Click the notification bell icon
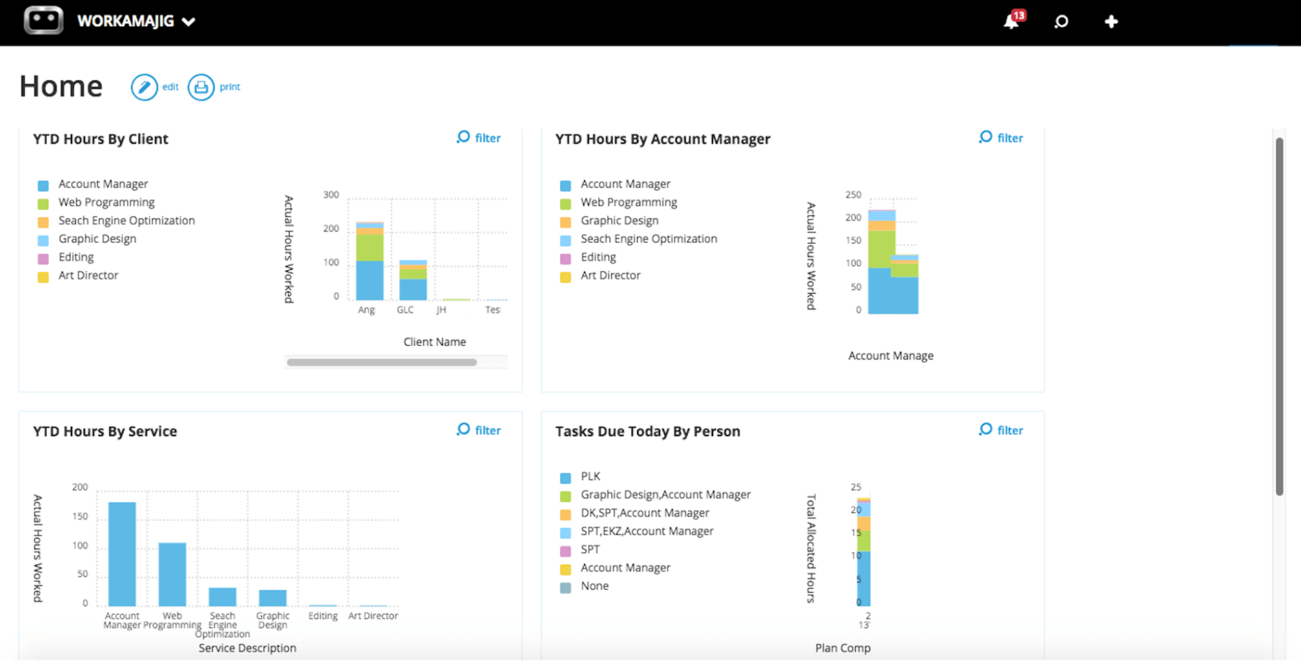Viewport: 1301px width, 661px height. [x=1011, y=22]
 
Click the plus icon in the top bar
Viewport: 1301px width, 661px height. [x=1110, y=22]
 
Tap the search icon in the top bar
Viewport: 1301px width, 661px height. [x=1061, y=22]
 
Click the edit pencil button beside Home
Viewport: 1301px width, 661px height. [x=144, y=87]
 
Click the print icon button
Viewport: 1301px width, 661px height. [x=201, y=87]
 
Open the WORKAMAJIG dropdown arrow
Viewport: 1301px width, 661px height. [x=189, y=22]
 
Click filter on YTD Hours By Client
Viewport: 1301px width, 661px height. [x=479, y=138]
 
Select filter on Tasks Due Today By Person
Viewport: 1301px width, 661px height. [x=1001, y=430]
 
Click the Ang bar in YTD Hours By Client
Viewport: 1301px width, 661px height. [x=369, y=262]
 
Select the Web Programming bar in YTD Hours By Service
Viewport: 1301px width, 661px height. [x=172, y=574]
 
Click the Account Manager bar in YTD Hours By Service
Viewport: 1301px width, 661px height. [x=122, y=554]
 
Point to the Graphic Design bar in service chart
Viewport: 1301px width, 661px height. [x=272, y=597]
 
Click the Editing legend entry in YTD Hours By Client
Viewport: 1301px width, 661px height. [x=76, y=257]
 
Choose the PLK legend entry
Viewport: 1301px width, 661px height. [x=590, y=476]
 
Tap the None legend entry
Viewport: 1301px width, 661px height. [x=594, y=586]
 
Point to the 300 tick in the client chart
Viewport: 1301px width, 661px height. [x=331, y=195]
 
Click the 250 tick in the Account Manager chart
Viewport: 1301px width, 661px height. [x=853, y=195]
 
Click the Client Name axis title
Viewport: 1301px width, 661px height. [x=434, y=342]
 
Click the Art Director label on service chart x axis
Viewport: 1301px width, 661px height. [x=373, y=616]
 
